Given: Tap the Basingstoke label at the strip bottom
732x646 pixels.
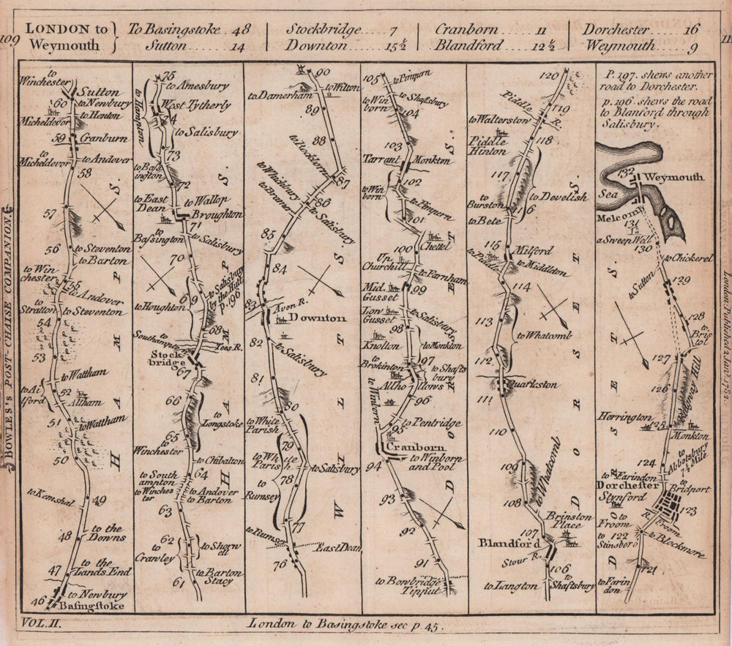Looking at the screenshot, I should [90, 606].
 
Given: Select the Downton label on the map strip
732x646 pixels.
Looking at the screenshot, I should [318, 318].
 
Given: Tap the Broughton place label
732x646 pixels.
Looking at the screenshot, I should [216, 214].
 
